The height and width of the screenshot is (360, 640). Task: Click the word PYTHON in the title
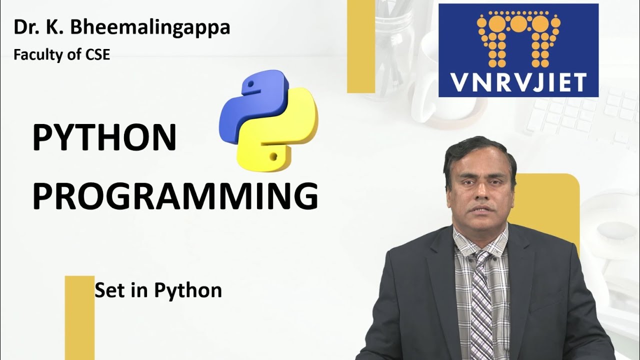pos(104,138)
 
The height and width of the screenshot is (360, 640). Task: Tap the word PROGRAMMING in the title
pos(175,196)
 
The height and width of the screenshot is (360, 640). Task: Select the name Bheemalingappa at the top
pos(149,27)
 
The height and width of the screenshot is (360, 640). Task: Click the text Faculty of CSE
pos(62,55)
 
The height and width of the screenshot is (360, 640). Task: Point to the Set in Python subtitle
pos(158,290)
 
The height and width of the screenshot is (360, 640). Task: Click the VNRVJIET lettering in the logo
pos(518,82)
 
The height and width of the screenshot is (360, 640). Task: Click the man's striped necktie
pos(481,310)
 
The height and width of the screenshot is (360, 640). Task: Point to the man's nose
pos(481,192)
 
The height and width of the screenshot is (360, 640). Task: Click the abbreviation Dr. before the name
pos(23,27)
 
